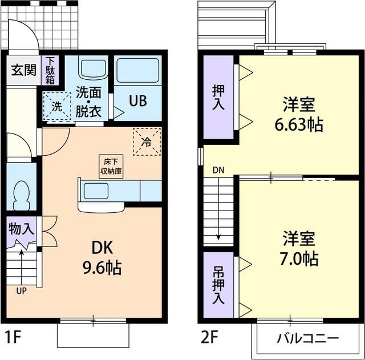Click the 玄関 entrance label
click(23, 72)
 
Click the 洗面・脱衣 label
click(88, 100)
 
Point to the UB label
click(137, 101)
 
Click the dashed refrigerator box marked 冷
click(147, 141)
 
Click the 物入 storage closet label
click(22, 229)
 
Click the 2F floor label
click(209, 337)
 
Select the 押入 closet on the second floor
click(218, 97)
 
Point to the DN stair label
click(218, 170)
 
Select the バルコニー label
click(307, 338)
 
